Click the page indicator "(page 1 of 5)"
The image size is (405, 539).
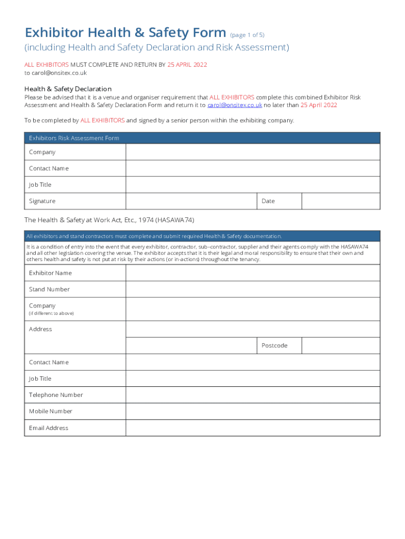pos(247,35)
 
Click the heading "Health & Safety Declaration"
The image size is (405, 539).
pos(68,89)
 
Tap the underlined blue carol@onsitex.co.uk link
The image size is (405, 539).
pos(235,105)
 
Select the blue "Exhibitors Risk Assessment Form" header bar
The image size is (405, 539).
pos(202,138)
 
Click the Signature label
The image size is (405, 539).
pos(42,201)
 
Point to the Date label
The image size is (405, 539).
pos(268,201)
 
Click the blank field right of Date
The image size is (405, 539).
pos(340,201)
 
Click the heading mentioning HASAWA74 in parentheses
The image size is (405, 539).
pos(113,220)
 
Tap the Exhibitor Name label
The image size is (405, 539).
pos(50,273)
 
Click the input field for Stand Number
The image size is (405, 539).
pos(252,290)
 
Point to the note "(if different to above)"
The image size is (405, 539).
pos(52,314)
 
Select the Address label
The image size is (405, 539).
pos(40,330)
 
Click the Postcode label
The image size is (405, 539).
pos(275,346)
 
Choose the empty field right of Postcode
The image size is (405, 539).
pos(340,346)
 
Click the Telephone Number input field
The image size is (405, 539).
pos(252,395)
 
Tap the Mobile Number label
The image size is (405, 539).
pos(50,412)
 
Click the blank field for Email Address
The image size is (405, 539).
pos(252,428)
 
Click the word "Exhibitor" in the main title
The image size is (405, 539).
pos(55,33)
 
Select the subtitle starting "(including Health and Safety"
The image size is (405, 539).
pos(157,48)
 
